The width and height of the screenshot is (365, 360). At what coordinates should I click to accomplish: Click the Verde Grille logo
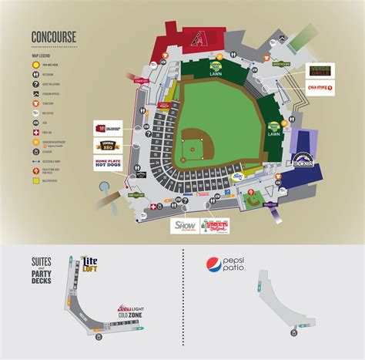(321, 71)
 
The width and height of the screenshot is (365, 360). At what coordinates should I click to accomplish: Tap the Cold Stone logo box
(320, 89)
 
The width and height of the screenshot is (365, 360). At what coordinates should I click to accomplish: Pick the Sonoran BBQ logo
(108, 144)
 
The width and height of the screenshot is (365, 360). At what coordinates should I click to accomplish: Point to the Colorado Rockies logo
(302, 160)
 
